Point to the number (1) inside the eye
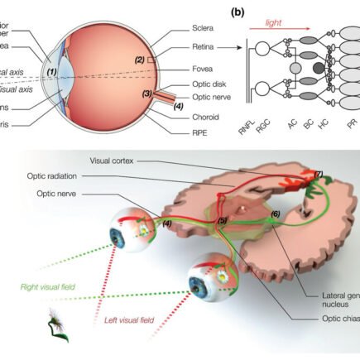[51, 72]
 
